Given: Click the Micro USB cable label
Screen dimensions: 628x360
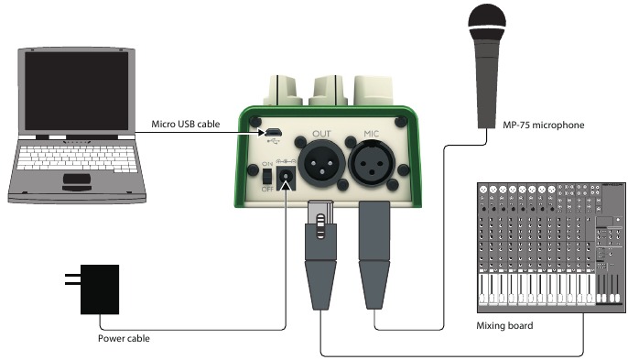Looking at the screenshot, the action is coord(186,125).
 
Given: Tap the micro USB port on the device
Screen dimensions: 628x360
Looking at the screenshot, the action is coord(274,132).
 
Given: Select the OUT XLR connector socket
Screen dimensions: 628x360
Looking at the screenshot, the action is coord(321,164).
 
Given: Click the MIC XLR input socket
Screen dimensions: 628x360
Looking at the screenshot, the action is coord(372,164).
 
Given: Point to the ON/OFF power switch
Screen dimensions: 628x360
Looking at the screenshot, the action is coord(267,177).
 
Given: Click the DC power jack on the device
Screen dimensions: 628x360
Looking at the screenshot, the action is coord(286,178).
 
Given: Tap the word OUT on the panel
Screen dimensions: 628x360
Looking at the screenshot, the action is coord(321,134).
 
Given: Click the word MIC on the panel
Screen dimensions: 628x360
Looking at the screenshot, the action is coord(372,134).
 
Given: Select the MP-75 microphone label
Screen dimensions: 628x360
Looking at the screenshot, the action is coord(544,125).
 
